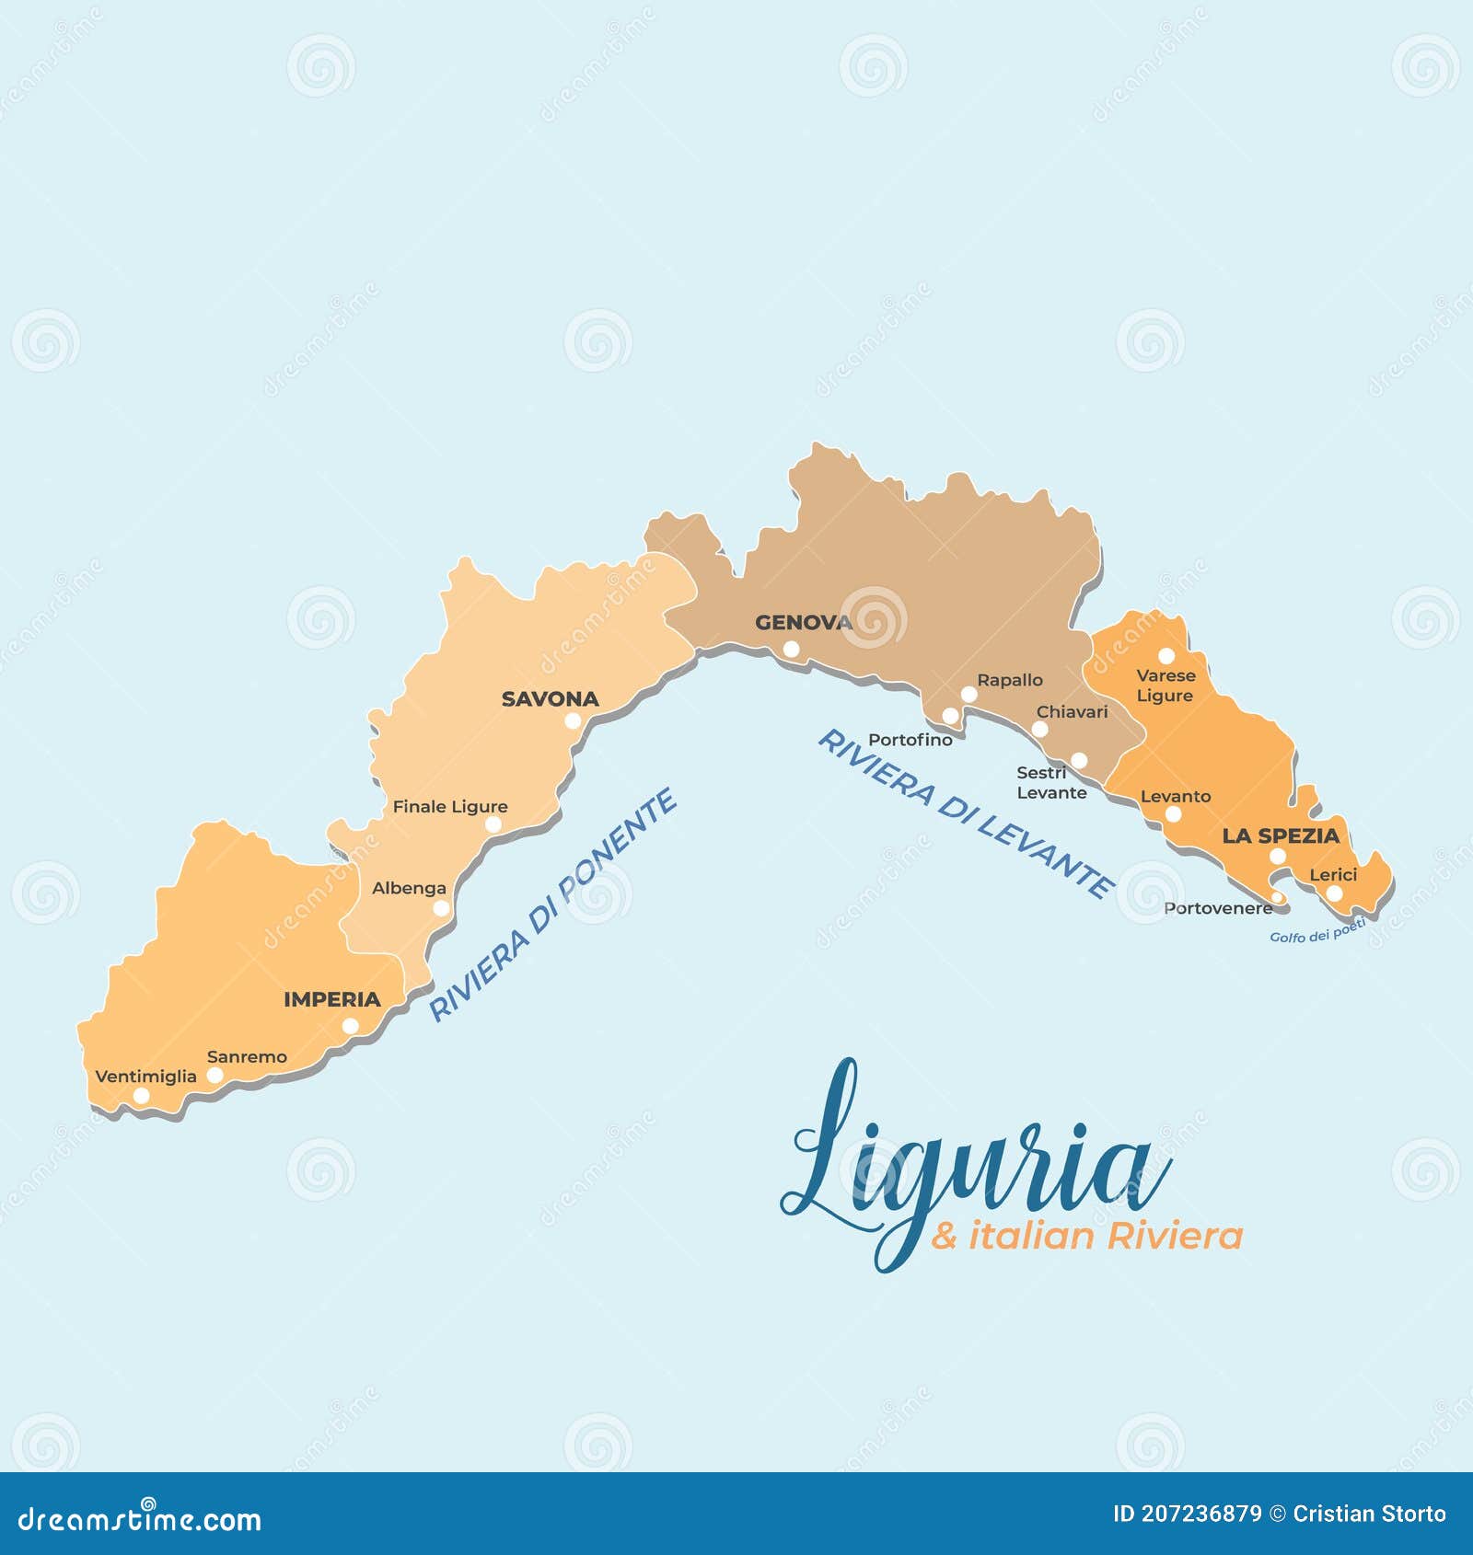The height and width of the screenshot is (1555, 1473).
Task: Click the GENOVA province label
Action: [x=803, y=623]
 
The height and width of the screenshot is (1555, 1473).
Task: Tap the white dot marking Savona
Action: [x=573, y=721]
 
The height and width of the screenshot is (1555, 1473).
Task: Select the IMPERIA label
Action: [x=331, y=999]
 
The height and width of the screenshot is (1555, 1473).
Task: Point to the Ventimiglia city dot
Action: [x=141, y=1096]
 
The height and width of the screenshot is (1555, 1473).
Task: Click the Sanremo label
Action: [x=247, y=1057]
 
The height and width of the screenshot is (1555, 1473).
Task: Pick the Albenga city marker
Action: [x=441, y=909]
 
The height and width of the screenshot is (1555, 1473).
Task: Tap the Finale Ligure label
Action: [x=450, y=807]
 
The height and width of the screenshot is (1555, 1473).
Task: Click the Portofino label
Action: [x=910, y=740]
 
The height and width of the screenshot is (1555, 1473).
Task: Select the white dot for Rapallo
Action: [x=968, y=695]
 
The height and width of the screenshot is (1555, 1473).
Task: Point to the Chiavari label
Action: [x=1072, y=712]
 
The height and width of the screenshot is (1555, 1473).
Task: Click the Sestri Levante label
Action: [x=1050, y=783]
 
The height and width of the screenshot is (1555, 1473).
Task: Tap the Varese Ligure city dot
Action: [x=1166, y=656]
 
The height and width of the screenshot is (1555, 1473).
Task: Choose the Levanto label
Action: [x=1176, y=797]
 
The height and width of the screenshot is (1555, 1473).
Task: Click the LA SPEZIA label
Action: [x=1280, y=836]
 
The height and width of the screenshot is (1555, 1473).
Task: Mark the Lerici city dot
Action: [x=1334, y=893]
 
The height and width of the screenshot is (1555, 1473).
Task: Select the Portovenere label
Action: [x=1217, y=909]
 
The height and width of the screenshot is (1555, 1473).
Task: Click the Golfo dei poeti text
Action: [x=1316, y=932]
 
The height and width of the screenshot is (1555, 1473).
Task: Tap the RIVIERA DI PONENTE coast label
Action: [x=553, y=905]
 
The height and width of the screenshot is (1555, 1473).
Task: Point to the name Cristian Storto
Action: [x=1369, y=1514]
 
